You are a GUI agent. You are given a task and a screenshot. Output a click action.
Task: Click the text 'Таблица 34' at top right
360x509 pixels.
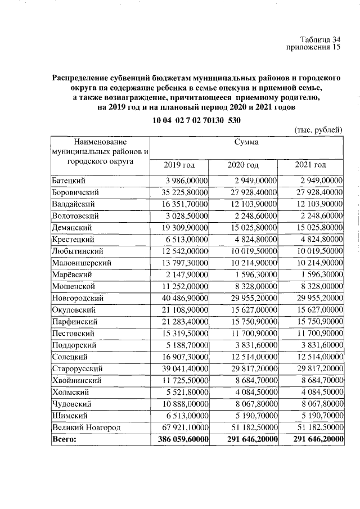click(x=321, y=39)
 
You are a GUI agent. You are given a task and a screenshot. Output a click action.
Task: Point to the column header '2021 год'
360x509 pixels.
click(x=310, y=165)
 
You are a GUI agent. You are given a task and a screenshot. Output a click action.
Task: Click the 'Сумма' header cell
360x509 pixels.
click(x=246, y=142)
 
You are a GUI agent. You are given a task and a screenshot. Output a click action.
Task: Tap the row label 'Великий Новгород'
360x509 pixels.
click(x=86, y=428)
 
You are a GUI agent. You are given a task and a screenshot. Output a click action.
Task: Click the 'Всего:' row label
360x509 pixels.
click(x=64, y=440)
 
